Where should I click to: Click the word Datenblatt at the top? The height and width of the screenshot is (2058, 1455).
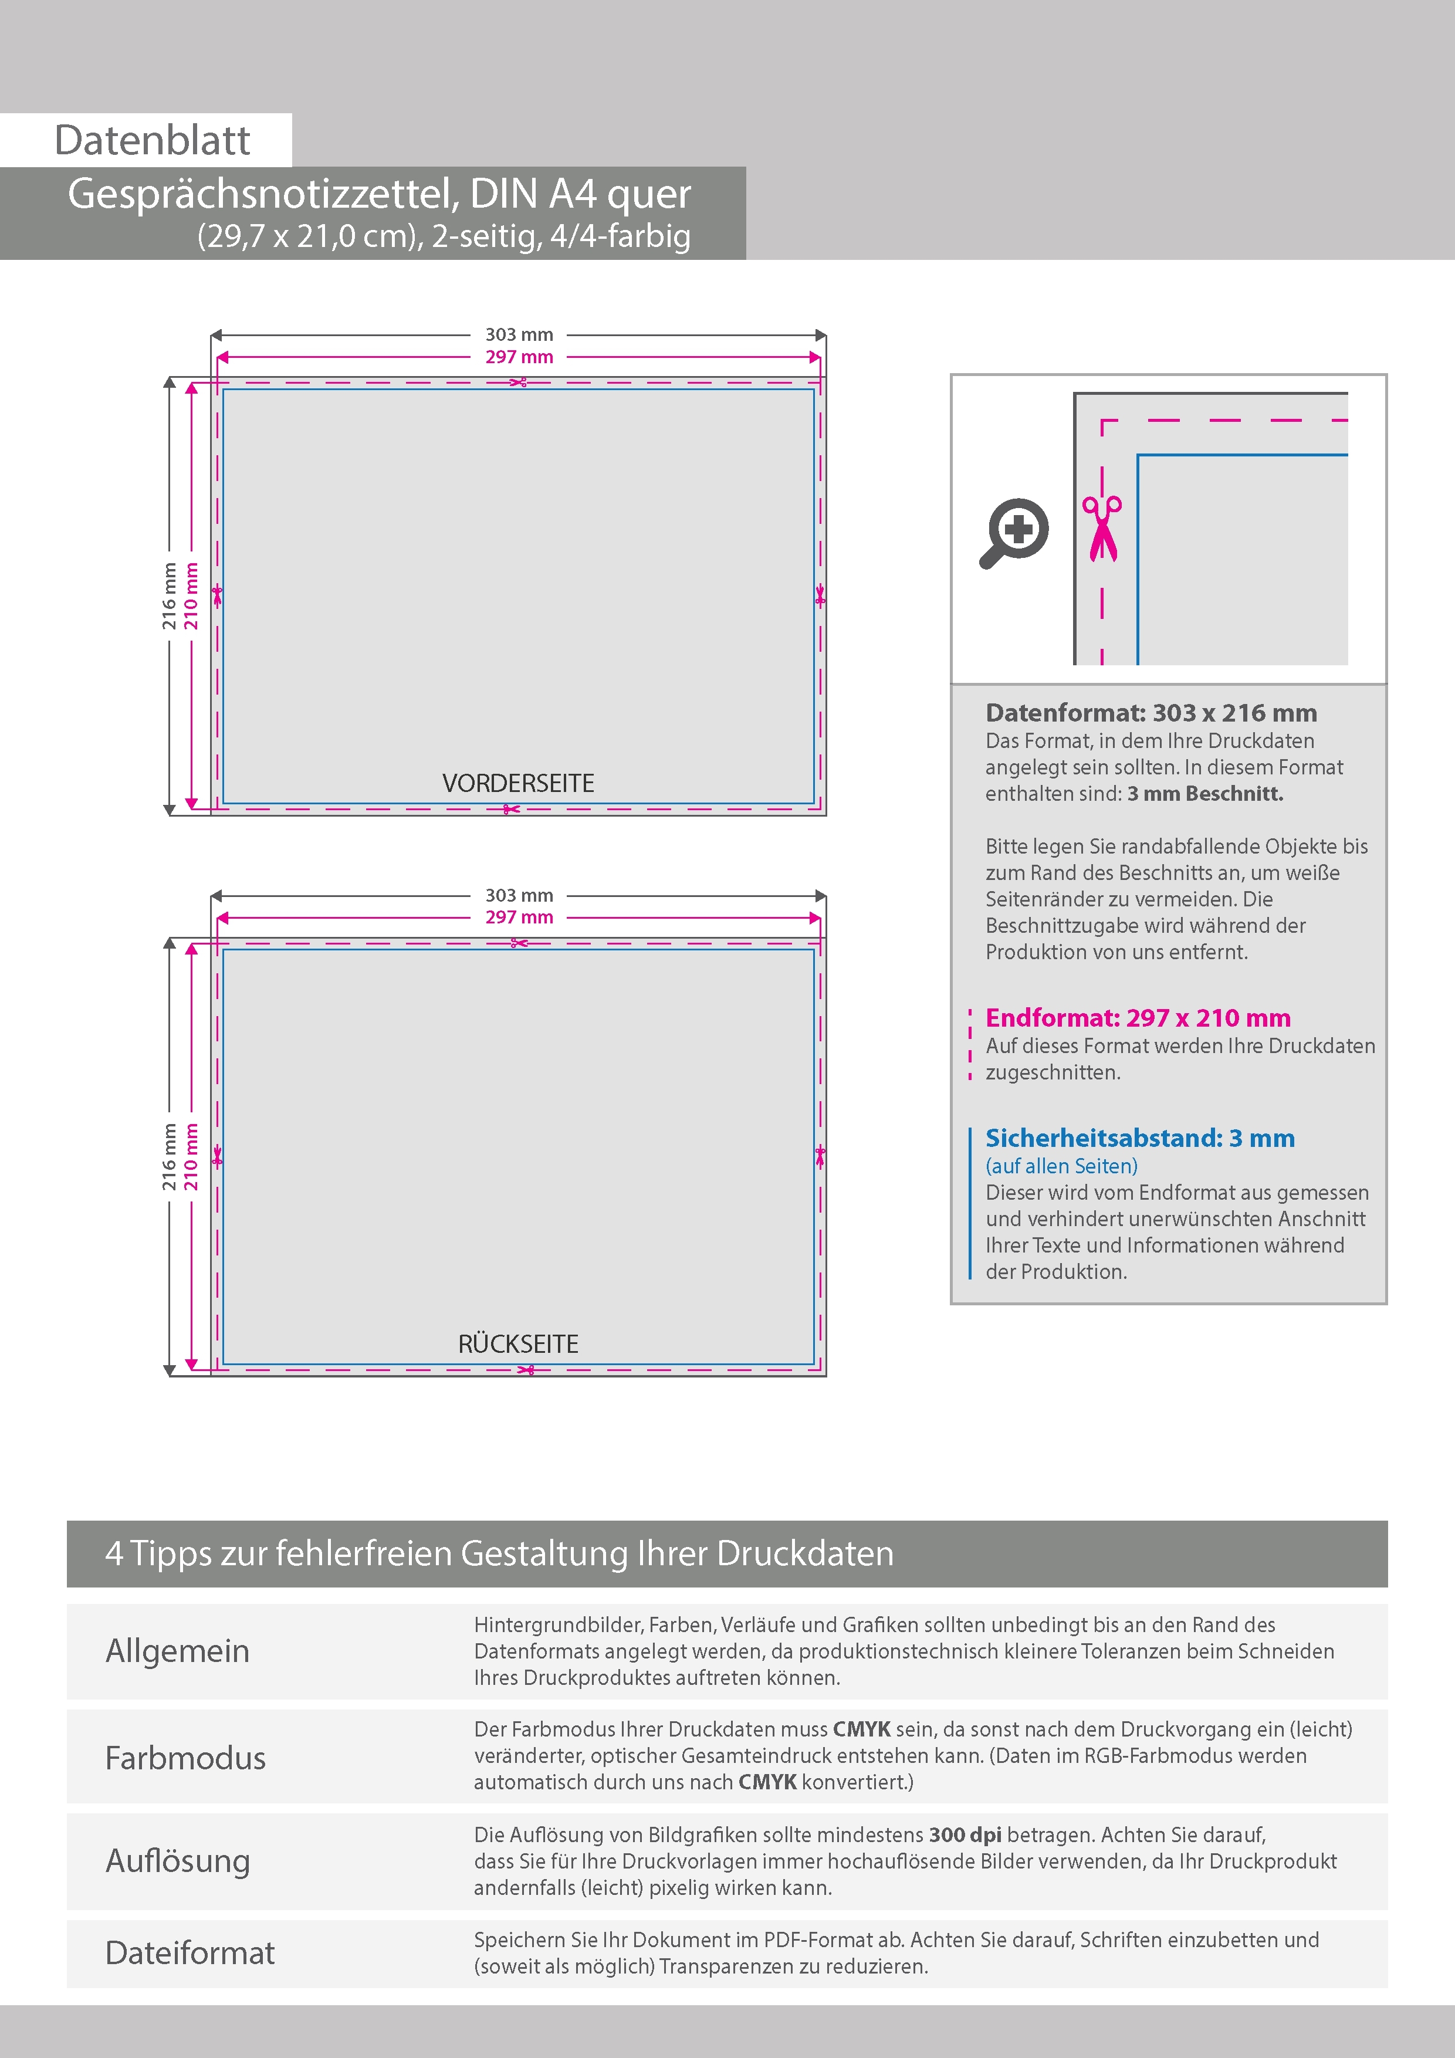point(153,141)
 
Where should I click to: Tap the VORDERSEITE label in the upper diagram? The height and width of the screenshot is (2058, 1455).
point(518,783)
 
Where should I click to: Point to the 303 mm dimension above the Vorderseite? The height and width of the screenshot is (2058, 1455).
point(519,334)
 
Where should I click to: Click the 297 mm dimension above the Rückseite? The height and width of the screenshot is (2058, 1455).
point(519,917)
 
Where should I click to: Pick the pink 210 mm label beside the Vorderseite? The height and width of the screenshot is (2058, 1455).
point(191,596)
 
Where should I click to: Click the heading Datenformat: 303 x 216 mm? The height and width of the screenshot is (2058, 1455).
point(1151,713)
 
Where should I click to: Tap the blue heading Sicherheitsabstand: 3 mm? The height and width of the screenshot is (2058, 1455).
point(1139,1138)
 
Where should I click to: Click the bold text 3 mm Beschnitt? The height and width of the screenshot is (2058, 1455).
point(1205,793)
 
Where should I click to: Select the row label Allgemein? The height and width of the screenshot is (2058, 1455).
point(178,1650)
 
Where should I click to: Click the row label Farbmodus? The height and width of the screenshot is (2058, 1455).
point(185,1758)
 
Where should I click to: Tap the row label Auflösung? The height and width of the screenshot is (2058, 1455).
point(178,1860)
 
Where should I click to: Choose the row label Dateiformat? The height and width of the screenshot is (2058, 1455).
point(190,1952)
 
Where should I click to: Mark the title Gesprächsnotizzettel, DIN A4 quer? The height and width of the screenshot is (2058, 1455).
point(379,194)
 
